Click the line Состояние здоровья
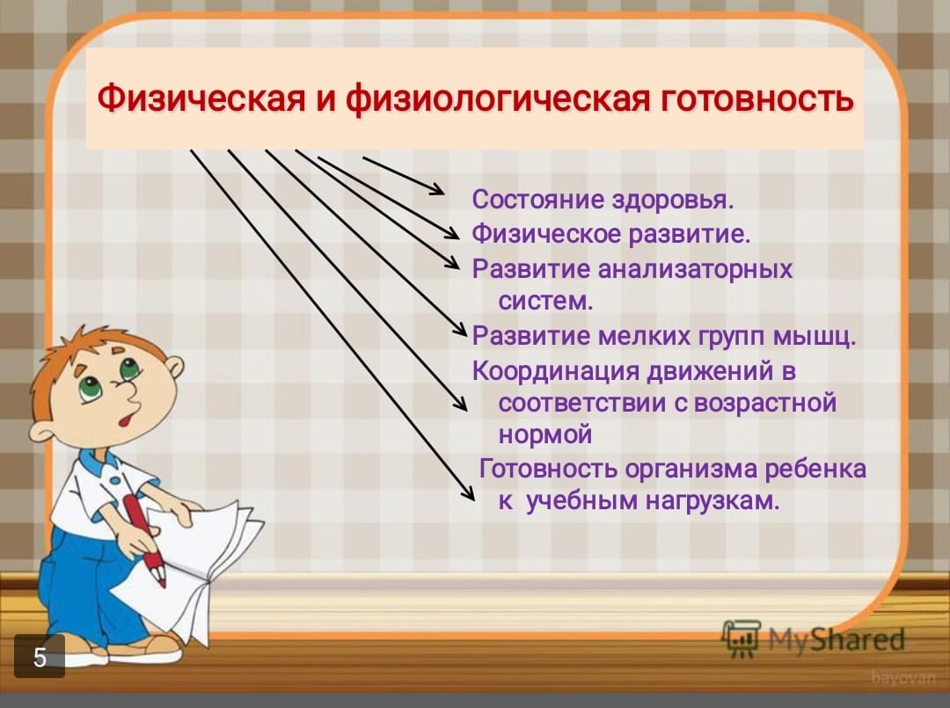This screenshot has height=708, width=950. (603, 200)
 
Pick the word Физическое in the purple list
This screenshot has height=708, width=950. (546, 234)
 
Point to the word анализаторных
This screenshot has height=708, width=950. (695, 269)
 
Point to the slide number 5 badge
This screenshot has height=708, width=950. (40, 656)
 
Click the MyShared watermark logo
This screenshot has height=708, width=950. (813, 639)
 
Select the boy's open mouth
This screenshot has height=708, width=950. (126, 420)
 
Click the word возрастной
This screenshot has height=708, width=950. (764, 404)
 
